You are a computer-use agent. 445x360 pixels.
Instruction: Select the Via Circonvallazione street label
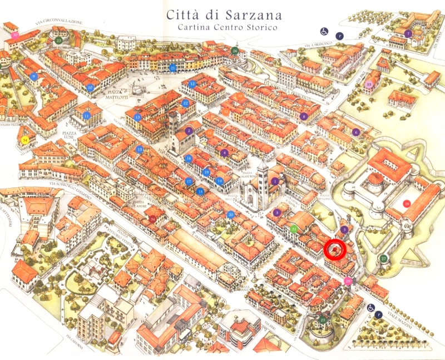point(61,22)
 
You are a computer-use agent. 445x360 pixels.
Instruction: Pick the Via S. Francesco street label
point(317,44)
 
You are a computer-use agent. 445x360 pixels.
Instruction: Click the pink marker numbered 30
point(16,35)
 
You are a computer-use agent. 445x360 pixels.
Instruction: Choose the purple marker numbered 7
point(408,33)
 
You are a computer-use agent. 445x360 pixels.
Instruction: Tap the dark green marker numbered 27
point(383,258)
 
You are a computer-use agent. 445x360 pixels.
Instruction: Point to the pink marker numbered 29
point(348,282)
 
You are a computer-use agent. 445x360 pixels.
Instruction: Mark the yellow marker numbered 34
point(25,140)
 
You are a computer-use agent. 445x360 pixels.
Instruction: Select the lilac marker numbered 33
point(370,85)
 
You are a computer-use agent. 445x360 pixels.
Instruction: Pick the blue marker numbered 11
point(87,116)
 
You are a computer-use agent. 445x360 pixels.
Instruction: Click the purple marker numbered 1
point(275,181)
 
